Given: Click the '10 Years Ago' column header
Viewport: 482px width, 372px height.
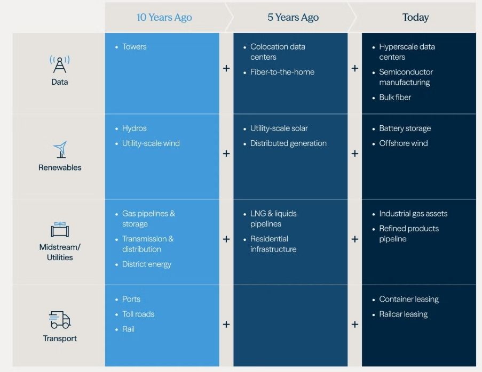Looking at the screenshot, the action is [164, 17].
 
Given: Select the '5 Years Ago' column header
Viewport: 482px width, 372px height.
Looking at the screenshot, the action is [293, 17].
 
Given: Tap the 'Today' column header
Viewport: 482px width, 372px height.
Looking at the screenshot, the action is [416, 17].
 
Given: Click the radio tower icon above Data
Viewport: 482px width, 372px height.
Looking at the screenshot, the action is [60, 64].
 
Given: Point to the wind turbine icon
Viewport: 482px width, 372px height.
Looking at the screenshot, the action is [60, 149].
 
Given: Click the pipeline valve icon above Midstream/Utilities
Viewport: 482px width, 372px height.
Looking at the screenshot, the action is [60, 229].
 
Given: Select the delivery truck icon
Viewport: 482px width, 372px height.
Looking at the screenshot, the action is [60, 320].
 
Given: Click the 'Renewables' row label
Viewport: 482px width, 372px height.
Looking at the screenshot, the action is [60, 167].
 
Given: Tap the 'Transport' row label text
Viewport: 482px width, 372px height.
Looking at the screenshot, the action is [60, 338].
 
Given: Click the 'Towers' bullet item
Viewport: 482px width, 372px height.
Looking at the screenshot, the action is [135, 47].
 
